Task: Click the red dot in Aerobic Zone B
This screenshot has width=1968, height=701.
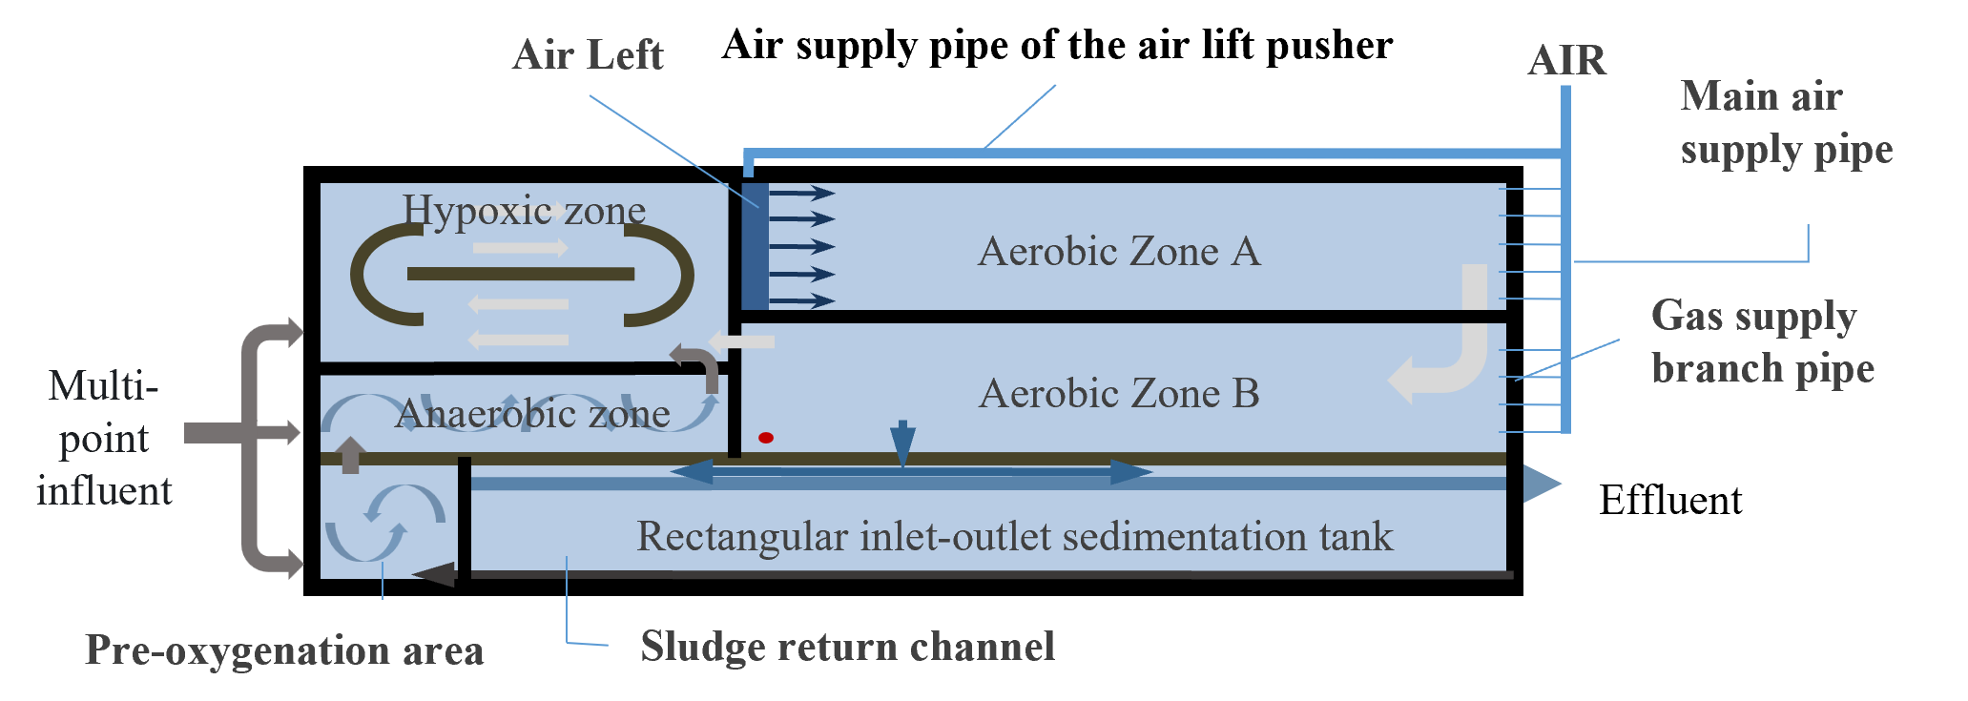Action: click(x=765, y=438)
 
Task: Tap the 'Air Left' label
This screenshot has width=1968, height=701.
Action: click(x=588, y=55)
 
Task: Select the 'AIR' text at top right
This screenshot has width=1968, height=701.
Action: click(x=1566, y=61)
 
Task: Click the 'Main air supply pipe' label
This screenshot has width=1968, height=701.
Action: click(x=1786, y=123)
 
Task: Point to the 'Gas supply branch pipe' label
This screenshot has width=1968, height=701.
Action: click(x=1763, y=341)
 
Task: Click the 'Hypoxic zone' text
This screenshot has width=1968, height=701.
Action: click(x=524, y=210)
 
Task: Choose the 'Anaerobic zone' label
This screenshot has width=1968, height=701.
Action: click(x=532, y=414)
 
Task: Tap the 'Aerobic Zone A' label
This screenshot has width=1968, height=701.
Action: click(x=1119, y=252)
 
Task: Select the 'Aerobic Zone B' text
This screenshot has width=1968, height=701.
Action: click(x=1119, y=394)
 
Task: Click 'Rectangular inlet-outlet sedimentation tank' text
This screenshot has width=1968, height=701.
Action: click(x=1014, y=537)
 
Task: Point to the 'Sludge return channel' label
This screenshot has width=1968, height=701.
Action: click(x=847, y=647)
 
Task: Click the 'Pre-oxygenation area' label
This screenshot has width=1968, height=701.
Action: click(x=284, y=650)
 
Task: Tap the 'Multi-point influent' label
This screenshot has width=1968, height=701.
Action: click(x=104, y=439)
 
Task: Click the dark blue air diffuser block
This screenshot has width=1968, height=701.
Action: click(x=755, y=245)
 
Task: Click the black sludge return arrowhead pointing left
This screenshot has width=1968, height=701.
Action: click(x=434, y=574)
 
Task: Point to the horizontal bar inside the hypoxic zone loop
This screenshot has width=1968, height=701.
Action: click(x=521, y=275)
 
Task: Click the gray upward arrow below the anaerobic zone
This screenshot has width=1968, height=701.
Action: click(x=350, y=454)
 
